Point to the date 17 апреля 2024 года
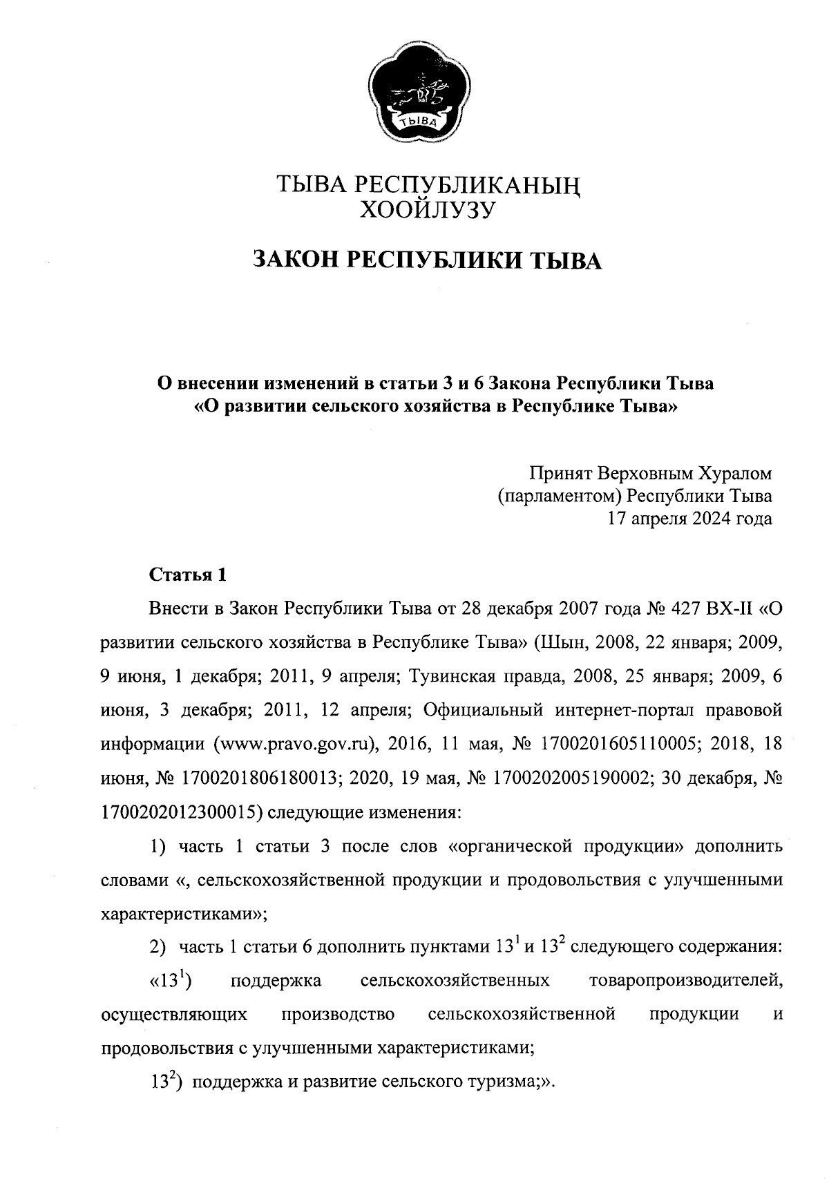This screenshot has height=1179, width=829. click(x=689, y=518)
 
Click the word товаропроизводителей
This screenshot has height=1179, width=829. click(x=686, y=980)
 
